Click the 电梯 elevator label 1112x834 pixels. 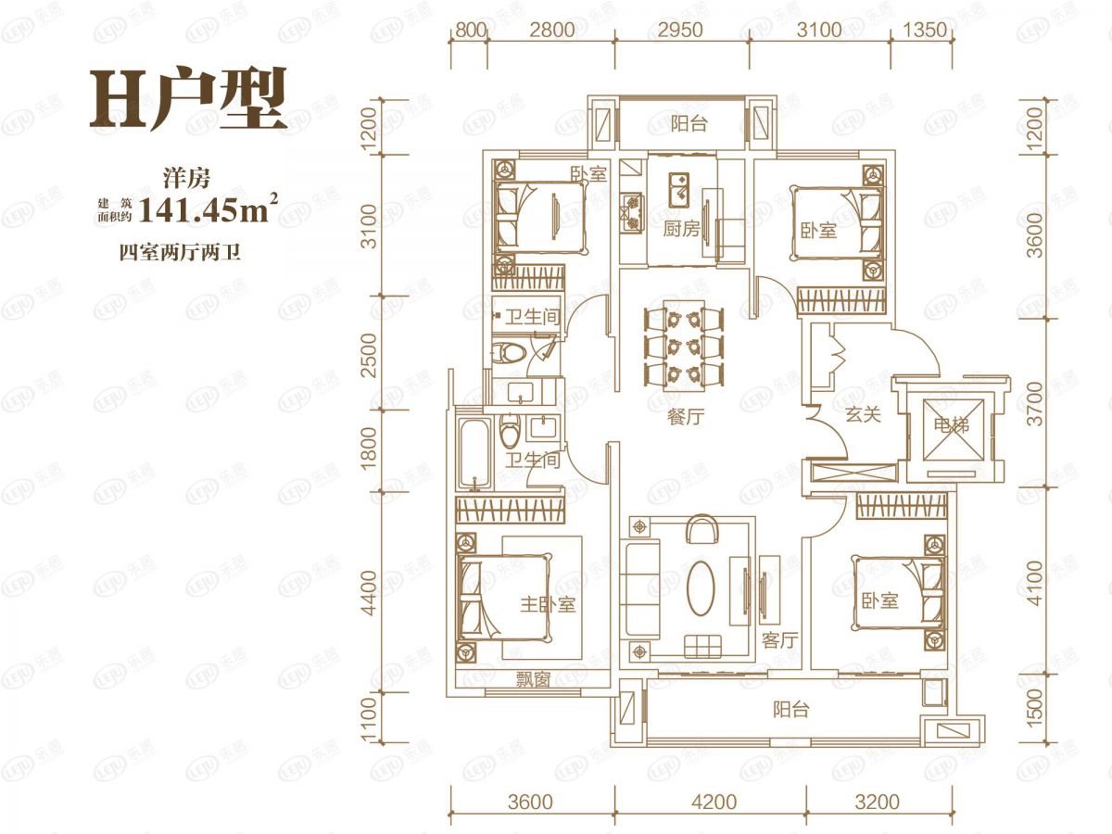953,424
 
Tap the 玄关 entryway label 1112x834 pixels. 863,415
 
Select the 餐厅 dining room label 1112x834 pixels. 686,417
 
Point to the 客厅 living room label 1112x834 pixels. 779,640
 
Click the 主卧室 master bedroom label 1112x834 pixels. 548,604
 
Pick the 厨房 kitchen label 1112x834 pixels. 681,230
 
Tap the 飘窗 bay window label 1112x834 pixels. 533,679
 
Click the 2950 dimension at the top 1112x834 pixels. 681,31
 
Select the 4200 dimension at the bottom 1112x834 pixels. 714,802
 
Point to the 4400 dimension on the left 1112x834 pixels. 371,593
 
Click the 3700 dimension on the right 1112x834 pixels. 1037,404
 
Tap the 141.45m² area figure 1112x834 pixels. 208,208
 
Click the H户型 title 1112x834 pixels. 188,99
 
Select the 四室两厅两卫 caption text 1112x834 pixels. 180,252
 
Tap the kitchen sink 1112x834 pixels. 679,190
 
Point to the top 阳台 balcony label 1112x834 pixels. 689,124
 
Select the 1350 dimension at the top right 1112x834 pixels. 925,31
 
